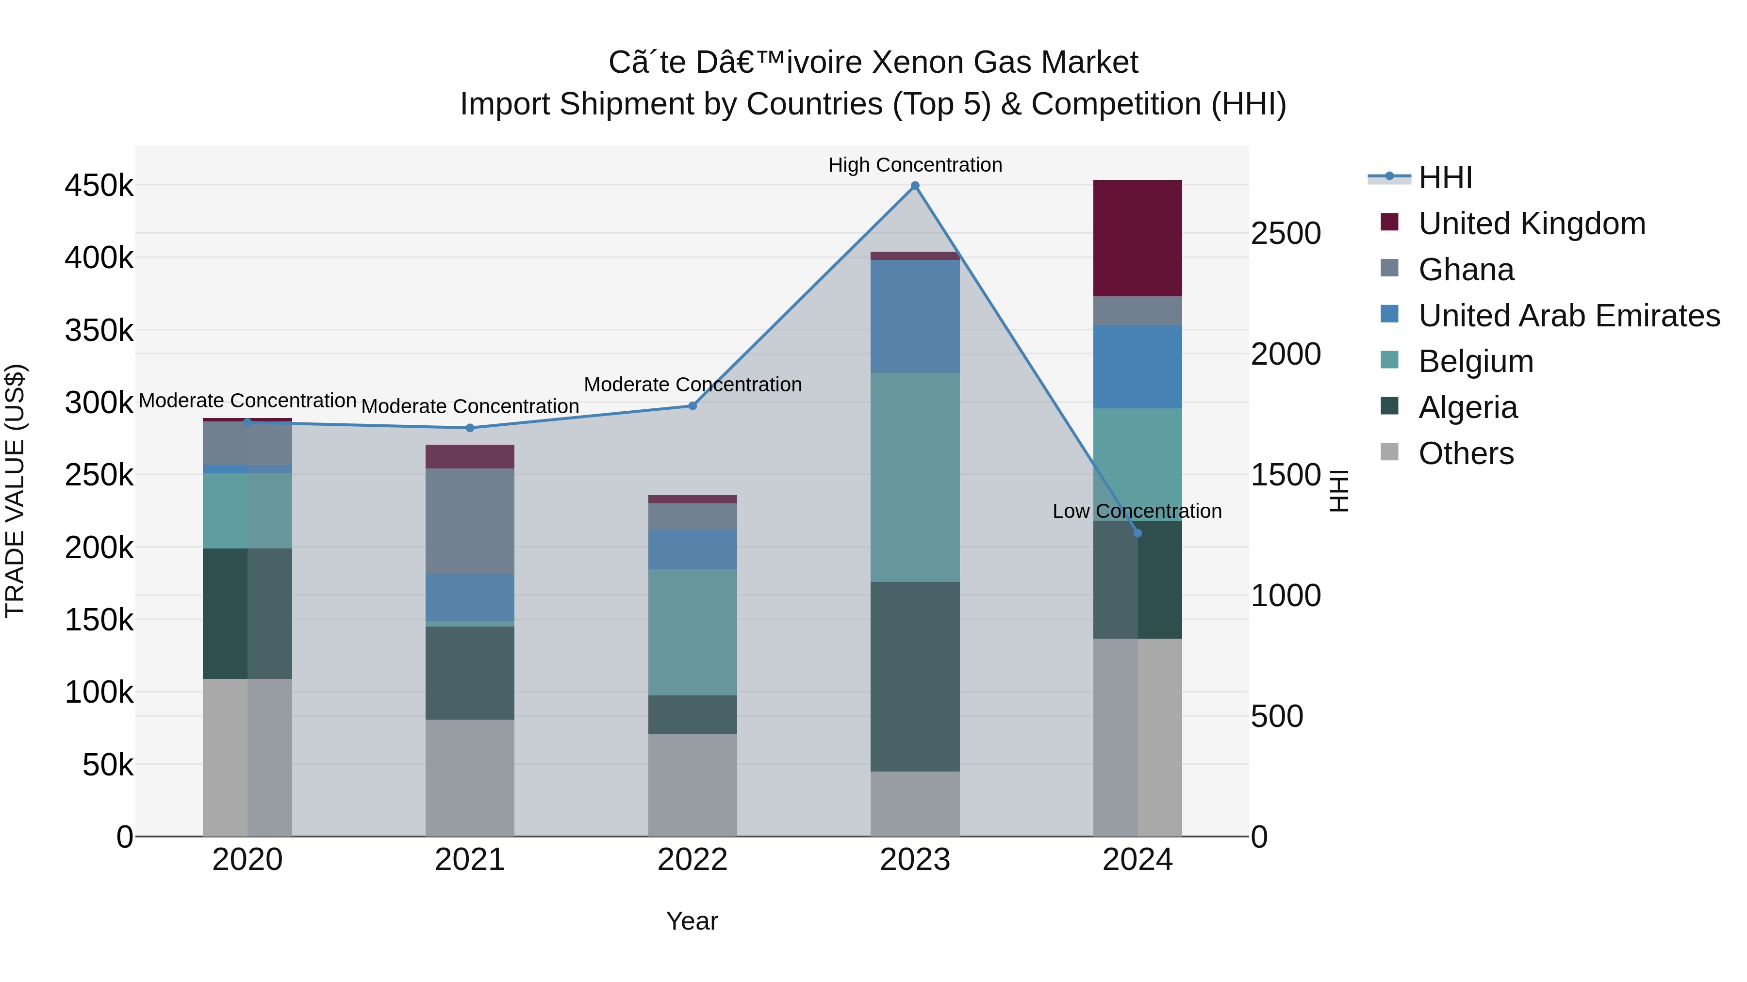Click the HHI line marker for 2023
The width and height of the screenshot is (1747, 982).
coord(915,186)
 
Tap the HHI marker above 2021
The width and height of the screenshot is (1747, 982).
coord(470,428)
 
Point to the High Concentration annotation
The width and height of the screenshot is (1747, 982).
coord(915,165)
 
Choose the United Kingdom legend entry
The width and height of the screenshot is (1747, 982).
coord(1532,224)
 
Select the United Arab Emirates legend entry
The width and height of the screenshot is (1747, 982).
coord(1568,316)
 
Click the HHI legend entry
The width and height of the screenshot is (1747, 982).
coord(1445,177)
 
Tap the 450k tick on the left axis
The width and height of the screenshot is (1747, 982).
coord(99,186)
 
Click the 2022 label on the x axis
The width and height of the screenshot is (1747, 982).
coord(692,860)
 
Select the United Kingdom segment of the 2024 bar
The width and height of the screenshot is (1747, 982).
coord(1137,238)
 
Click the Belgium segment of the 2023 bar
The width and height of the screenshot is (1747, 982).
coord(915,477)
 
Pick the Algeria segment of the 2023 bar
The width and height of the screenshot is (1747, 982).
coord(915,676)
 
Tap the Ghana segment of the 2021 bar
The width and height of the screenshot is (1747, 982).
coord(470,521)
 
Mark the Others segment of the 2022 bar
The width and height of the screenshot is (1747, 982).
coord(692,785)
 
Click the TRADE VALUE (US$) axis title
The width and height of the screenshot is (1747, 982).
coord(16,491)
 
